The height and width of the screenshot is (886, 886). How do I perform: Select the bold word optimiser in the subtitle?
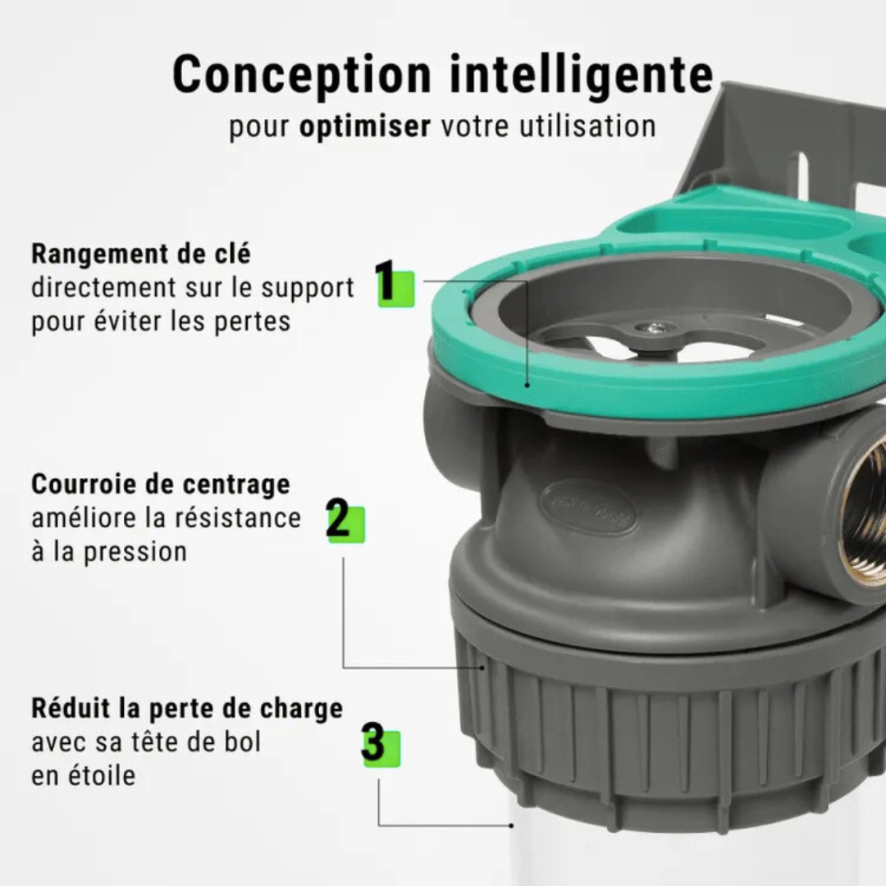coord(365,127)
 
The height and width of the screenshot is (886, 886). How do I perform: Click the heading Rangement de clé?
coord(141,253)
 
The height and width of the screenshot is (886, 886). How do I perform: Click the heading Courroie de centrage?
coord(161,484)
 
